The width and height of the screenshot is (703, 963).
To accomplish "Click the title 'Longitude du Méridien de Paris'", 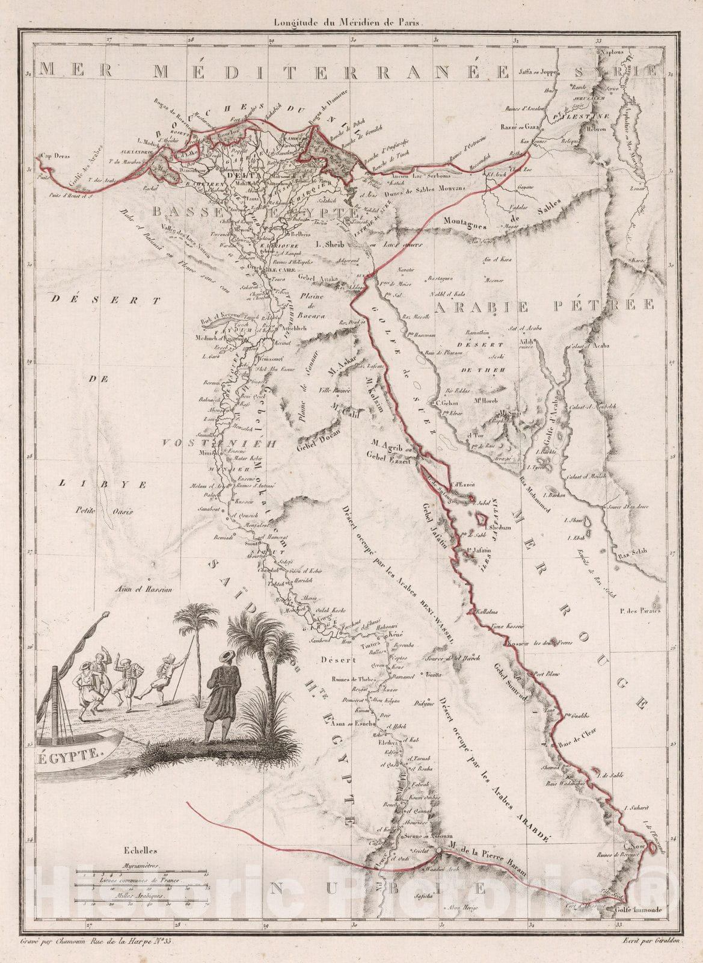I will pyautogui.click(x=349, y=22).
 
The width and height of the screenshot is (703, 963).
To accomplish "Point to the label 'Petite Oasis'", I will pyautogui.click(x=104, y=512).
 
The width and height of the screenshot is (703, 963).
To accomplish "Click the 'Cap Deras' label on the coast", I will pyautogui.click(x=55, y=156).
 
